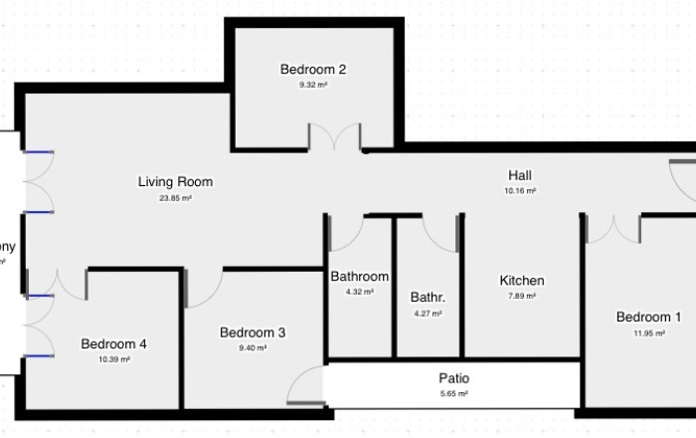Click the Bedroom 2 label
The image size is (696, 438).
[312, 70]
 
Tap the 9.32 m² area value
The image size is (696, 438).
[312, 86]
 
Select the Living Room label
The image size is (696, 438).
[175, 182]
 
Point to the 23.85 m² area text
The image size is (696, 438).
[175, 198]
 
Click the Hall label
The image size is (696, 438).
[520, 174]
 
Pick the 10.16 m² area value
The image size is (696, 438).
[520, 190]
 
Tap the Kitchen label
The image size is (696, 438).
[521, 281]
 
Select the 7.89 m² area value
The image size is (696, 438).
[521, 296]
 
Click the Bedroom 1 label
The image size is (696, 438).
[648, 318]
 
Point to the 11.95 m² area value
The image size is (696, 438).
[648, 333]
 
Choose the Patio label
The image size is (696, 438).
[453, 378]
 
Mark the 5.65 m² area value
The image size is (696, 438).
[453, 394]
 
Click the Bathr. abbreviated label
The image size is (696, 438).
[428, 297]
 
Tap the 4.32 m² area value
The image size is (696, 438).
[359, 293]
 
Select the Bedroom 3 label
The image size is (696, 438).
[253, 332]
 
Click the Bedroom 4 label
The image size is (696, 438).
[113, 344]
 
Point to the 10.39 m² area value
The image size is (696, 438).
[113, 360]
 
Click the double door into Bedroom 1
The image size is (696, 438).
[613, 229]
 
